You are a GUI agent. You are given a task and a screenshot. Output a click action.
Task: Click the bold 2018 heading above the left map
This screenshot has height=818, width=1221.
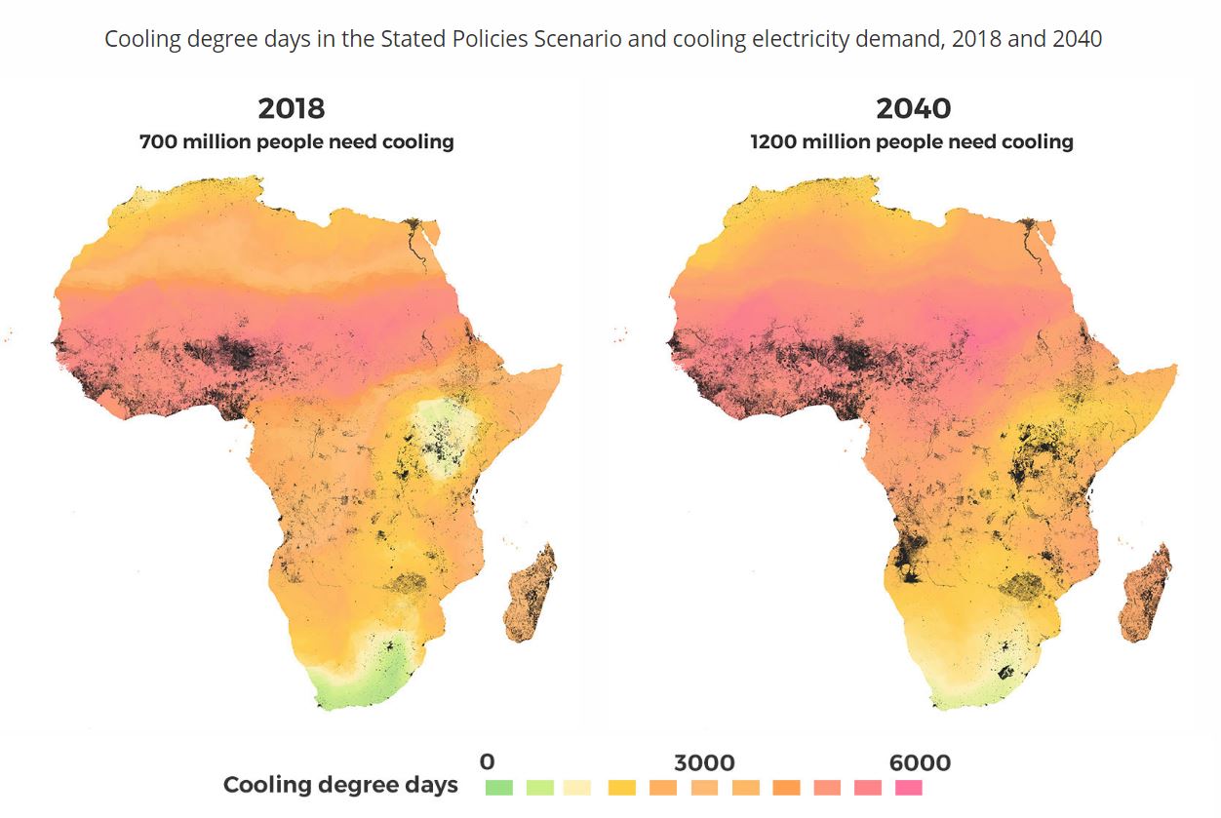[291, 107]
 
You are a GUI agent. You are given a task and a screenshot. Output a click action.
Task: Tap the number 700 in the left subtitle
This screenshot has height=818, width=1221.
[159, 141]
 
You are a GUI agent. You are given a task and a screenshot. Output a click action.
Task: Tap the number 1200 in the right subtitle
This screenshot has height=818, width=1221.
[771, 141]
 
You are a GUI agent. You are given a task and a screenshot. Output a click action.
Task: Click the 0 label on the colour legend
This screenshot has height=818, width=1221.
[487, 762]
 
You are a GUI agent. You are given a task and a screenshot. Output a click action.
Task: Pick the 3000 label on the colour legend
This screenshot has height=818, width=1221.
[704, 762]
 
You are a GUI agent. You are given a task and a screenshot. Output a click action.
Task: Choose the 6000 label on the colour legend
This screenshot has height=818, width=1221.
[920, 762]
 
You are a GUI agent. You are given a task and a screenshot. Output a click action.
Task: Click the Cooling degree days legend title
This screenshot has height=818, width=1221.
[340, 785]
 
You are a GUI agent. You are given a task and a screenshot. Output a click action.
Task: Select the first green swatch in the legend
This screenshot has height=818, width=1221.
[498, 787]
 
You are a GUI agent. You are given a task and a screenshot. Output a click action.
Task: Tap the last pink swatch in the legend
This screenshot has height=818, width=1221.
[908, 787]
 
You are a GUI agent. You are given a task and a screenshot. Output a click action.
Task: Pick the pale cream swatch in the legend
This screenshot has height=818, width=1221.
[580, 787]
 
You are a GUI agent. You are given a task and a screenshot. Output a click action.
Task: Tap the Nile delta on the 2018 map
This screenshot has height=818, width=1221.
[414, 230]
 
